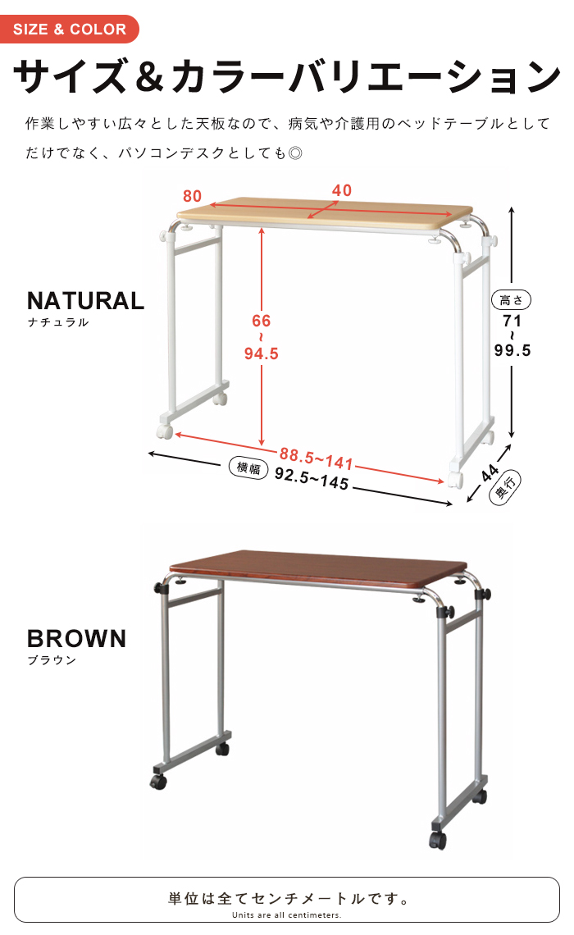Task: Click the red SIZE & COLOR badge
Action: pyautogui.click(x=69, y=29)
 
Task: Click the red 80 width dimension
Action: pyautogui.click(x=192, y=196)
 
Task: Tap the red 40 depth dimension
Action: pyautogui.click(x=342, y=190)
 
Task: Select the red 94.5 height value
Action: pyautogui.click(x=261, y=353)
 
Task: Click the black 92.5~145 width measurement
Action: pyautogui.click(x=312, y=478)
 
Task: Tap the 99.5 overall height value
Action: pyautogui.click(x=512, y=350)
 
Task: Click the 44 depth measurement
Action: pyautogui.click(x=490, y=473)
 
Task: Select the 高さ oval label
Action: pyautogui.click(x=511, y=300)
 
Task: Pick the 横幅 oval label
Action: pyautogui.click(x=248, y=467)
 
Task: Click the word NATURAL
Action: pyautogui.click(x=86, y=301)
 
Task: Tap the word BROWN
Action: pyautogui.click(x=77, y=639)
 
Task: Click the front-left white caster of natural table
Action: pyautogui.click(x=165, y=431)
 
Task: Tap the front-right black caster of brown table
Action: pyautogui.click(x=438, y=840)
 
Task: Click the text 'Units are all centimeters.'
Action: pyautogui.click(x=287, y=914)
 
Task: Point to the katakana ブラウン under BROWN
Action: pyautogui.click(x=52, y=660)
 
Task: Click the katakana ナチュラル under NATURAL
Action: pyautogui.click(x=58, y=322)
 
